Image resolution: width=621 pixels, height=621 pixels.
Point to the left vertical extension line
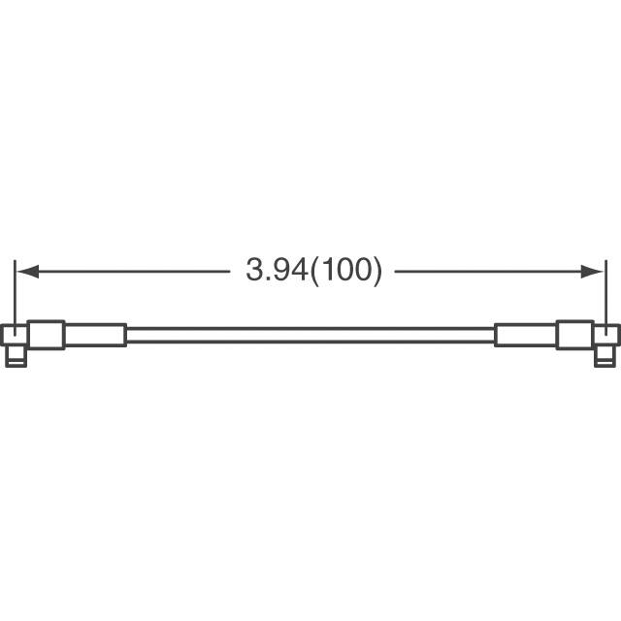[15, 291]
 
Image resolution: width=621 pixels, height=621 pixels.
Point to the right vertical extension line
[605, 291]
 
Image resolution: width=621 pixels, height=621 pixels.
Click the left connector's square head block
[16, 337]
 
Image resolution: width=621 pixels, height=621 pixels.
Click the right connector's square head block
[605, 337]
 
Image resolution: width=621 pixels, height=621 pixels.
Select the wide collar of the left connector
[47, 335]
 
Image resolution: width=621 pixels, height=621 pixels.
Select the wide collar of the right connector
[574, 335]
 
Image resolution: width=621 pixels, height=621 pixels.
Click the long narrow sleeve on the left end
[95, 335]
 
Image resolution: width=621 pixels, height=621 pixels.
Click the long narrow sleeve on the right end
[526, 335]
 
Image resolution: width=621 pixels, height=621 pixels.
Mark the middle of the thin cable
[310, 335]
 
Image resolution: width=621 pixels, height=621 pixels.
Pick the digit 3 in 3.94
[252, 271]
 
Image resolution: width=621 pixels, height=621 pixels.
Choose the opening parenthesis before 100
[312, 271]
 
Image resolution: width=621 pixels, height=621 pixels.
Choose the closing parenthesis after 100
[377, 271]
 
